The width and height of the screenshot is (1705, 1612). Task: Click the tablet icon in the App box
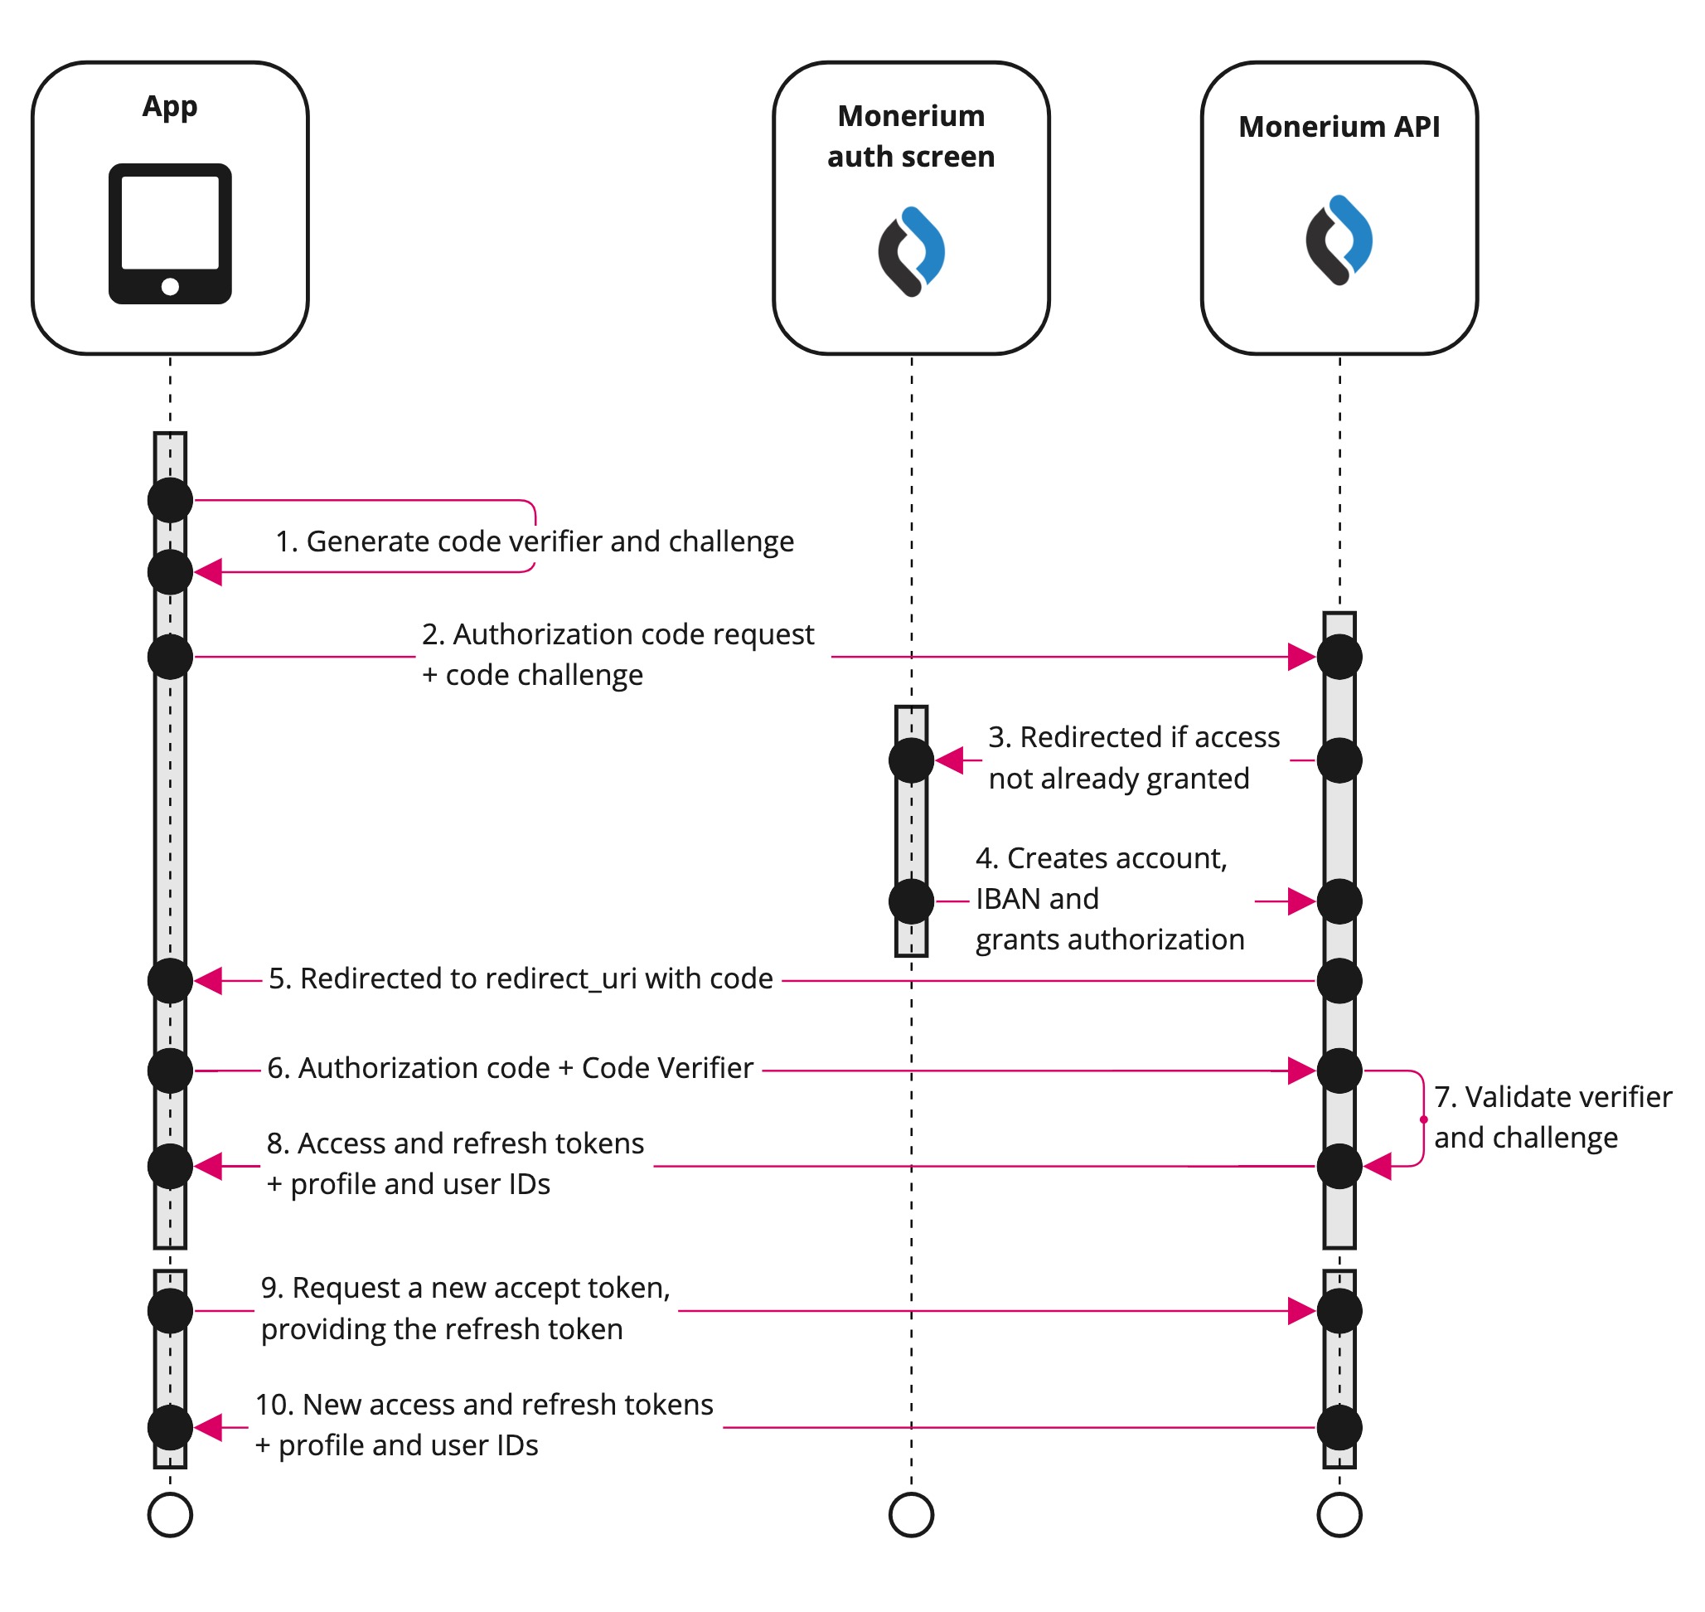pos(170,233)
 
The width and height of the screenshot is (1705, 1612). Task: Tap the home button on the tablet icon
pos(170,287)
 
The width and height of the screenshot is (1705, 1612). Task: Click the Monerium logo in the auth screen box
pos(911,252)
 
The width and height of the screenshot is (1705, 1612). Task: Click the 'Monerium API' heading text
pos(1339,127)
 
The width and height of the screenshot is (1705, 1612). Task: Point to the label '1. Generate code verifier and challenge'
pos(535,541)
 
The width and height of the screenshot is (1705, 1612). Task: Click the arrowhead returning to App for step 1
pos(209,572)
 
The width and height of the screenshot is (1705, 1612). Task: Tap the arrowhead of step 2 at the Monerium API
pos(1301,658)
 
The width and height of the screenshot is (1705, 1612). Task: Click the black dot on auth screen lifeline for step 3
pos(911,760)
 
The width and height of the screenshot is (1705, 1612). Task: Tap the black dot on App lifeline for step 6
pos(170,1071)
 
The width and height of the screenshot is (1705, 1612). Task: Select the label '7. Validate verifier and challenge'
pos(1552,1118)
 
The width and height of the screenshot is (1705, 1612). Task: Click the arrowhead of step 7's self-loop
pos(1378,1167)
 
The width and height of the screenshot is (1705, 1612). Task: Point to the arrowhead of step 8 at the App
pos(209,1167)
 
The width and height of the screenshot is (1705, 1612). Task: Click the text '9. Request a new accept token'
pos(466,1288)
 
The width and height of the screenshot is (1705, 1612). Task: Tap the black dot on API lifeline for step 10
pos(1339,1428)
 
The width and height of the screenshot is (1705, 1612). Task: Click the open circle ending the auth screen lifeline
pos(911,1515)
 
